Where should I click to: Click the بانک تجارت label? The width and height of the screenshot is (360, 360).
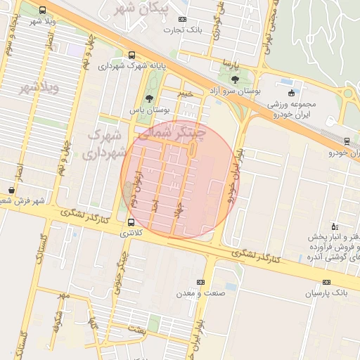(x=183, y=30)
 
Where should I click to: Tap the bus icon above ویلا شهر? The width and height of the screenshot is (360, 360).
(x=43, y=11)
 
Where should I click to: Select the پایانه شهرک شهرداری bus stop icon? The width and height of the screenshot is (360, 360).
(x=132, y=55)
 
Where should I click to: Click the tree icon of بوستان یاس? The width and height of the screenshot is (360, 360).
(x=149, y=100)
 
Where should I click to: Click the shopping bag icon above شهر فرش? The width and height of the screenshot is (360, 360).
(x=12, y=190)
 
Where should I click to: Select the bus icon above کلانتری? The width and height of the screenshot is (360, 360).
(x=131, y=221)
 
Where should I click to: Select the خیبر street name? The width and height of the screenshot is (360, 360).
(x=184, y=92)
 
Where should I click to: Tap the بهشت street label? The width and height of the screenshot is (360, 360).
(x=137, y=329)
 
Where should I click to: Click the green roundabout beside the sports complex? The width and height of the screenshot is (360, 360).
(x=348, y=94)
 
